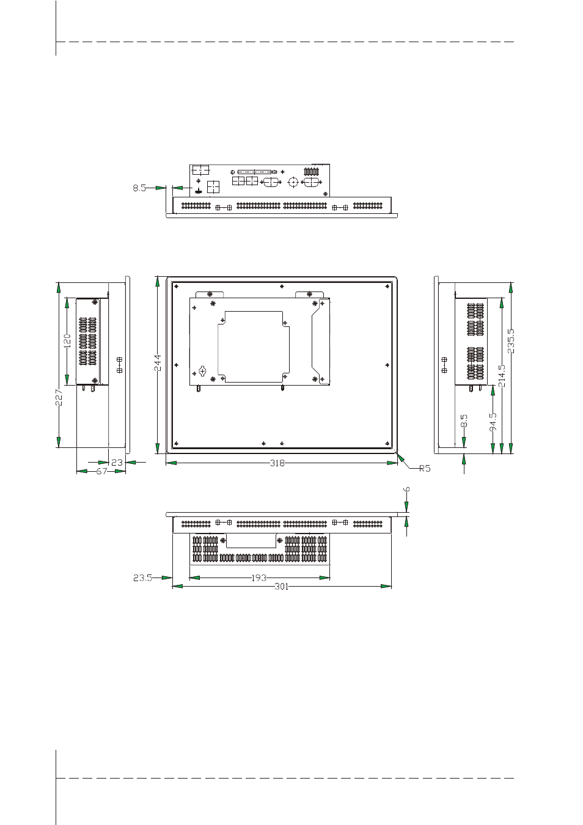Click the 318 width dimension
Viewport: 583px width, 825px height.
[277, 463]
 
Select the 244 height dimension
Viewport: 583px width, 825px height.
[157, 363]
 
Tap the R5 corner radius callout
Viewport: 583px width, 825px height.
[425, 469]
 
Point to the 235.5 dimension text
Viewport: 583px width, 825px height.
[511, 341]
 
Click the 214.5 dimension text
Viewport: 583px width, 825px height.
[502, 376]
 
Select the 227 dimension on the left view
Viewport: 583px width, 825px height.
[59, 397]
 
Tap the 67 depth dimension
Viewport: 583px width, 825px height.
[101, 471]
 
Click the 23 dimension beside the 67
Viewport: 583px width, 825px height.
[117, 462]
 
